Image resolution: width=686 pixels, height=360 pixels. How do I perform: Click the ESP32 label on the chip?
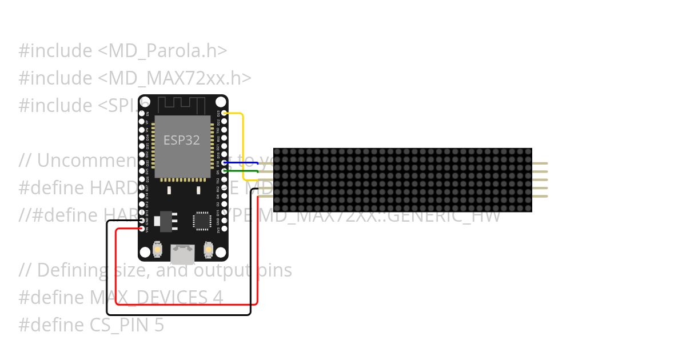[x=182, y=140]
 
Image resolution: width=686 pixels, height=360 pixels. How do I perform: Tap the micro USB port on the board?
[x=182, y=252]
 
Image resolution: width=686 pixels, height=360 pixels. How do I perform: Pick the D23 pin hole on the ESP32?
[x=224, y=113]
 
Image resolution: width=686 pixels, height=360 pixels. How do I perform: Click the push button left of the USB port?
[x=157, y=250]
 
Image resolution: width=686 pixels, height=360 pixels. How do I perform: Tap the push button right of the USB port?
[x=208, y=250]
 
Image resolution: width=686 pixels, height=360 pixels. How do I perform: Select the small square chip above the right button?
[x=202, y=221]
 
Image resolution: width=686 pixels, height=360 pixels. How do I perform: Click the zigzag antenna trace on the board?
[x=181, y=105]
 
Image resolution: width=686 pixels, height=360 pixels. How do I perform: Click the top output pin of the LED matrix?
[x=540, y=163]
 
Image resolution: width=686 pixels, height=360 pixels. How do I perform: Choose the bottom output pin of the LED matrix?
[x=540, y=197]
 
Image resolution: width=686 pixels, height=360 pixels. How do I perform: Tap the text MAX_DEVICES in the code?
[x=156, y=298]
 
